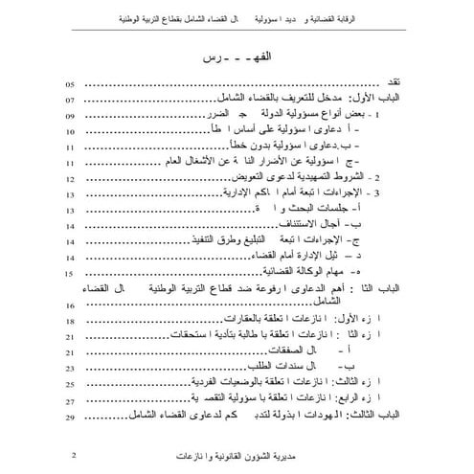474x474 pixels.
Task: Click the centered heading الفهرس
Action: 237,59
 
